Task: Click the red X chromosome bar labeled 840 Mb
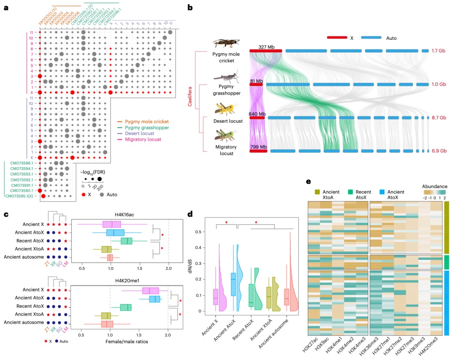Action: point(257,118)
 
